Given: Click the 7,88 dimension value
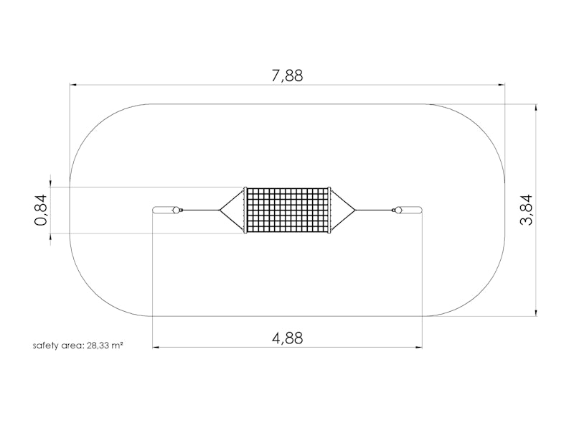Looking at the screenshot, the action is click(288, 75).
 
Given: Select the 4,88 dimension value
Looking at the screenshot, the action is click(288, 338).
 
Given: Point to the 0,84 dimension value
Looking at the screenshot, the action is click(41, 210).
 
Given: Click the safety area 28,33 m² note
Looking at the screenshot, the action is click(77, 346).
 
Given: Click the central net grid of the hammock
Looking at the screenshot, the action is click(288, 210).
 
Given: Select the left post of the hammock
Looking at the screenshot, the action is click(164, 210).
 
